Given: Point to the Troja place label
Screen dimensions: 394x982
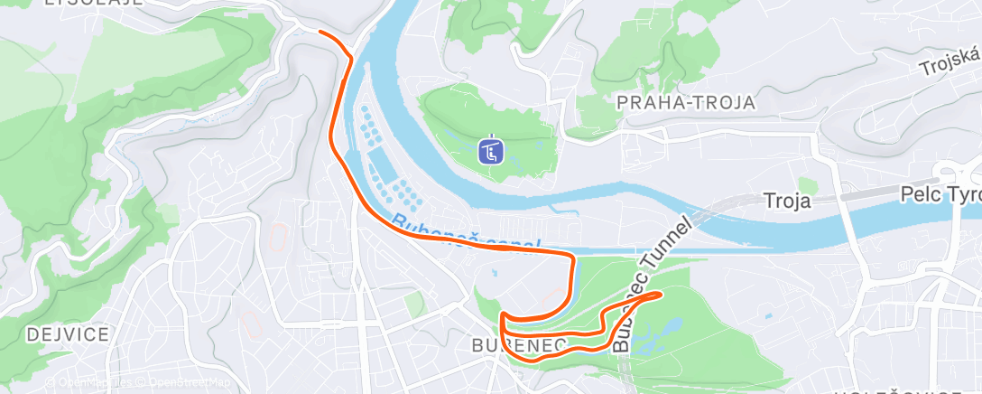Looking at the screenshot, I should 787,200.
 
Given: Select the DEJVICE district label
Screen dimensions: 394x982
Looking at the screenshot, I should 55,334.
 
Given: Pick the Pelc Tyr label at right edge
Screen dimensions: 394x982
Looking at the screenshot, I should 940,194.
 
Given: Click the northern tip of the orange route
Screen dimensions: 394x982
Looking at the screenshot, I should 320,31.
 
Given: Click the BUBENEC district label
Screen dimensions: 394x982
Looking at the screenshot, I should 517,345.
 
